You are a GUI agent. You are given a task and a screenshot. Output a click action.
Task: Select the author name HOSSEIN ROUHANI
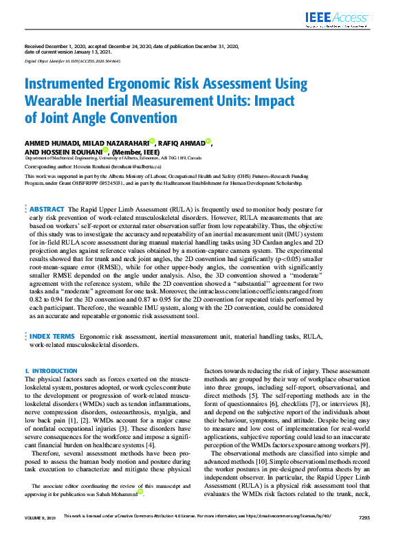71,152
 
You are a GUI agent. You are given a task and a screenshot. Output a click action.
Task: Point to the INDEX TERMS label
52,337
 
